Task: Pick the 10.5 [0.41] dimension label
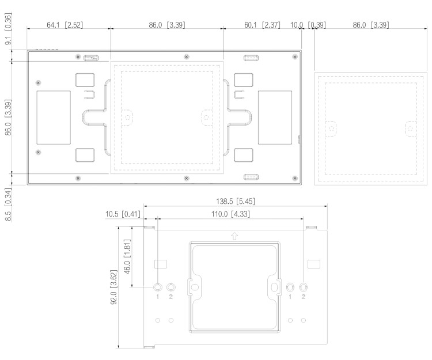click(x=124, y=214)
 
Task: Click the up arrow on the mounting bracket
click(x=234, y=235)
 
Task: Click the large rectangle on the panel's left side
click(x=54, y=118)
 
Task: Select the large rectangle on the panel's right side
click(x=275, y=118)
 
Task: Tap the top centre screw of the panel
click(x=185, y=56)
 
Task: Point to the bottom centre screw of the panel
click(x=186, y=178)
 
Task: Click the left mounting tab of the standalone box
click(x=331, y=128)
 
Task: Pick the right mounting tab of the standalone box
click(x=411, y=128)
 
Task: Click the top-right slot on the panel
click(x=251, y=58)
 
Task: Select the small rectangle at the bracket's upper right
click(x=313, y=264)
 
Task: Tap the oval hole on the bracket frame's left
click(x=195, y=286)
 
